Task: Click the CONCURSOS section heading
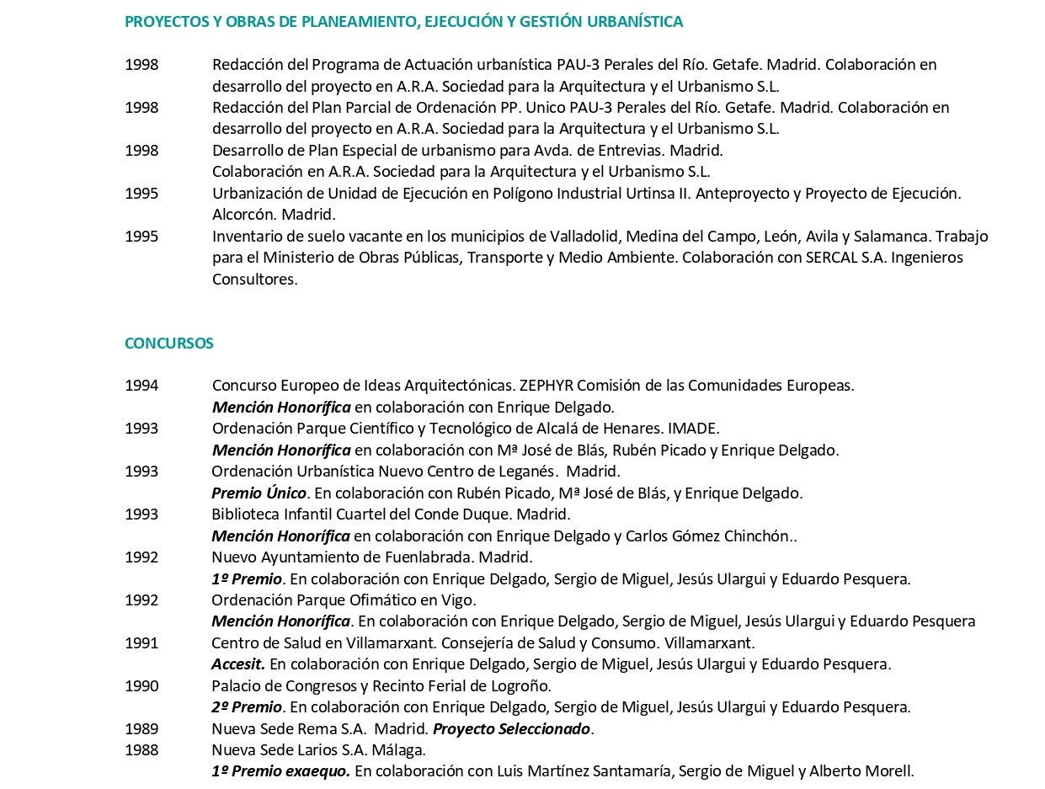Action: [x=168, y=344]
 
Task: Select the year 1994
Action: [x=141, y=386]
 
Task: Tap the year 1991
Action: [x=141, y=643]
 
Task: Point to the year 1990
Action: [x=141, y=686]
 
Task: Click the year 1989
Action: [x=141, y=729]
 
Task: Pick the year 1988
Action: [x=141, y=750]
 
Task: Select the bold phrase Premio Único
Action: [x=259, y=493]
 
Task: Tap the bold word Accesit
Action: [x=237, y=664]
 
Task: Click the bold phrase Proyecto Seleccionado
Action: [x=511, y=729]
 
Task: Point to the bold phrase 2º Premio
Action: [x=247, y=707]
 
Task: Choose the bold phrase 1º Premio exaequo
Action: [x=280, y=771]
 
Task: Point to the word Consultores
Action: [x=254, y=280]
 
